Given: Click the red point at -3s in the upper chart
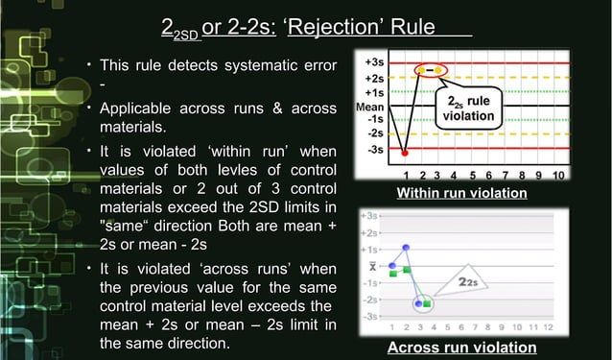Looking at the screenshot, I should tap(406, 152).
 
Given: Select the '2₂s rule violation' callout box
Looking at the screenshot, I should tap(468, 108).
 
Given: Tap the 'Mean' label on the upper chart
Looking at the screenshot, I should tap(370, 106).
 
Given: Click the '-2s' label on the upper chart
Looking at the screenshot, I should tap(376, 133).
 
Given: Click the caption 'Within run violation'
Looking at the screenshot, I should tap(461, 194).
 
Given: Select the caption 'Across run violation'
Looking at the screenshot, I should tap(461, 347).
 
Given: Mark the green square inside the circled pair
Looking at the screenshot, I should tap(428, 304).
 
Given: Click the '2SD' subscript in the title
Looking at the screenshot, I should tap(185, 36).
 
